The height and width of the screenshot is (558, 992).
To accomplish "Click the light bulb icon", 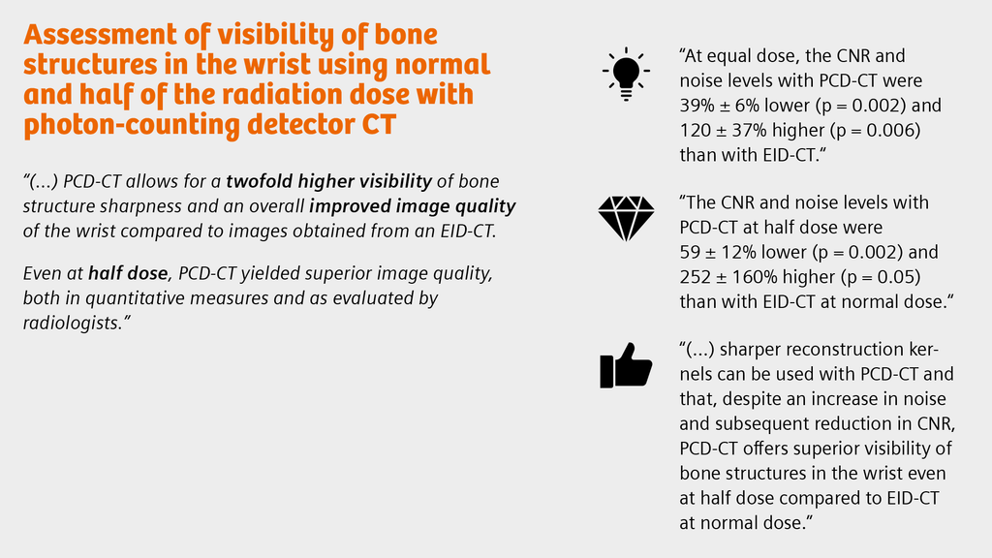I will click(x=626, y=74).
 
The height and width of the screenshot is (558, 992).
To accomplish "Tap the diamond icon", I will click(x=626, y=219).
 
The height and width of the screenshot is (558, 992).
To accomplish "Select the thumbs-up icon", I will click(x=626, y=366).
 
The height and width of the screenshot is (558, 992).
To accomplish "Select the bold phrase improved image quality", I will click(x=413, y=206).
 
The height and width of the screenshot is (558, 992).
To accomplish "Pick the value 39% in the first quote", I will click(x=699, y=105).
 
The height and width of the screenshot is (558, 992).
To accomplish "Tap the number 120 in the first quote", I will click(x=697, y=130).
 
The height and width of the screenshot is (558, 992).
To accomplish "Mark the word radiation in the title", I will click(x=316, y=96).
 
